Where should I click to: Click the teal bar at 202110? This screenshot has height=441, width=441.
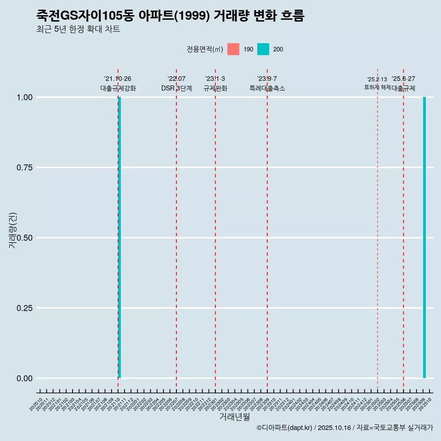pyautogui.click(x=119, y=237)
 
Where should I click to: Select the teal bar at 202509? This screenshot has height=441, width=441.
pyautogui.click(x=424, y=237)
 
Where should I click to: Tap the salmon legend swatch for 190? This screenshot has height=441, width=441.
pyautogui.click(x=233, y=49)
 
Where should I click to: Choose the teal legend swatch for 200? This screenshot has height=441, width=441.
pyautogui.click(x=263, y=49)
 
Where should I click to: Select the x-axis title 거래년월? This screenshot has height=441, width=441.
pyautogui.click(x=234, y=417)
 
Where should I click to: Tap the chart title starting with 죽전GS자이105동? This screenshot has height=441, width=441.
pyautogui.click(x=170, y=16)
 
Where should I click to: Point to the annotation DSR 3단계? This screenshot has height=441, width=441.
pyautogui.click(x=176, y=88)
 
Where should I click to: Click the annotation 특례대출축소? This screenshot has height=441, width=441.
pyautogui.click(x=267, y=88)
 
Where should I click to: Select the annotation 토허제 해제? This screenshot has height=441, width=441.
pyautogui.click(x=377, y=87)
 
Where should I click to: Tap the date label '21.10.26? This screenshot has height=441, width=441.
pyautogui.click(x=118, y=79)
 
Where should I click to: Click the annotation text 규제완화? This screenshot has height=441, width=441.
pyautogui.click(x=215, y=88)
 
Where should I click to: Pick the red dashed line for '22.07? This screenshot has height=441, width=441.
pyautogui.click(x=176, y=230)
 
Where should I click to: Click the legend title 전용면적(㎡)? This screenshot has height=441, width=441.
pyautogui.click(x=205, y=49)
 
